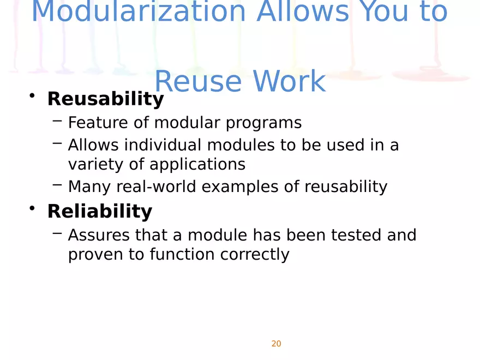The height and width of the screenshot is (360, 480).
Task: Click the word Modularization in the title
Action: (139, 11)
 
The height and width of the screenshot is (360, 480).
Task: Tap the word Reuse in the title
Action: (199, 81)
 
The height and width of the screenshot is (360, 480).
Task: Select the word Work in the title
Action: (289, 81)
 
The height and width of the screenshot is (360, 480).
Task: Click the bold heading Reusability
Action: (106, 99)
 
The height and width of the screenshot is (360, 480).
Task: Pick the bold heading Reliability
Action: (100, 211)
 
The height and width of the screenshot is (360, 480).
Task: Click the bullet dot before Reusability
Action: (32, 95)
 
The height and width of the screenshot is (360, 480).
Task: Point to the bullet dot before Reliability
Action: (32, 208)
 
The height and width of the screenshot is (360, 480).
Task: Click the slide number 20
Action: (276, 344)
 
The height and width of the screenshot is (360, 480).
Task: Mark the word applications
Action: (197, 165)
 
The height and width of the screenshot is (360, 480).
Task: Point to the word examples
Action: (240, 187)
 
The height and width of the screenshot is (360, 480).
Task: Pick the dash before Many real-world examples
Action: (57, 184)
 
